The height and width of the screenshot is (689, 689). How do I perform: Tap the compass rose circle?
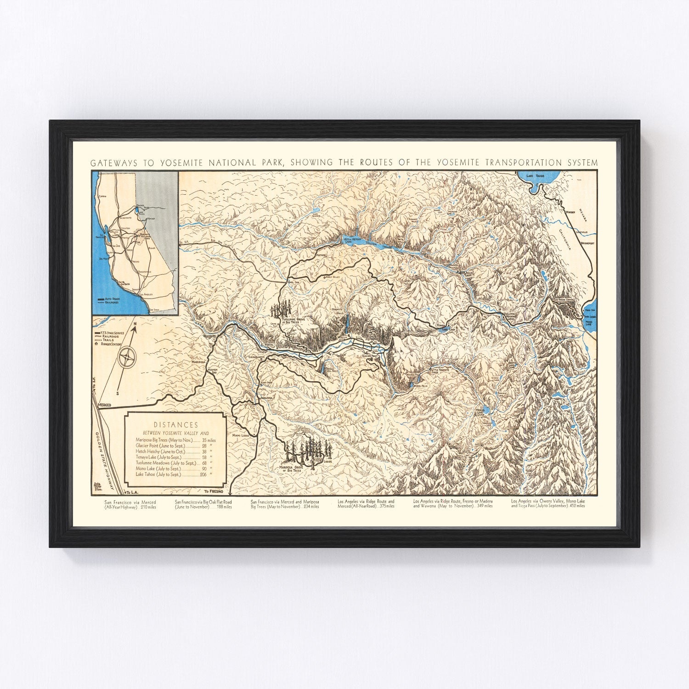126,357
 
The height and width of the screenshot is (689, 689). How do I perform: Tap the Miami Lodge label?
241,435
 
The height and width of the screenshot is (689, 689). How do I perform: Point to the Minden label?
570,212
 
